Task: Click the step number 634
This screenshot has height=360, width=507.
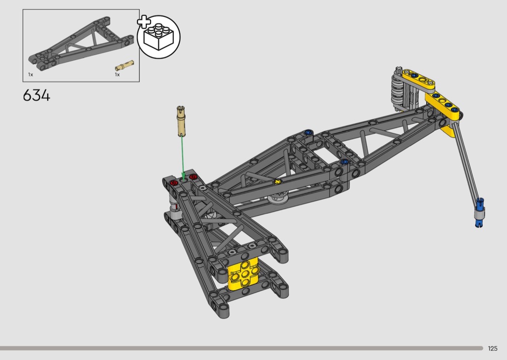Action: [x=37, y=96]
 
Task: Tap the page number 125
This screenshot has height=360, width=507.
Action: [x=493, y=348]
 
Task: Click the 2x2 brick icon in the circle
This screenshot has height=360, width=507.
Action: [x=158, y=36]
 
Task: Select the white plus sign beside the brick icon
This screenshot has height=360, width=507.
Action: [x=144, y=22]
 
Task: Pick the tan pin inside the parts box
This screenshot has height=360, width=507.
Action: [x=125, y=65]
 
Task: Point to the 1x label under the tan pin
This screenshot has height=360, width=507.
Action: [x=117, y=75]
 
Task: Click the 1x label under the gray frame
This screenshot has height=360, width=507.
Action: [x=30, y=75]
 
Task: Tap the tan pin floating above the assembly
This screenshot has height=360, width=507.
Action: [x=182, y=121]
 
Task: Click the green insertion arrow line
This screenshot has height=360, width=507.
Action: [x=183, y=157]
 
